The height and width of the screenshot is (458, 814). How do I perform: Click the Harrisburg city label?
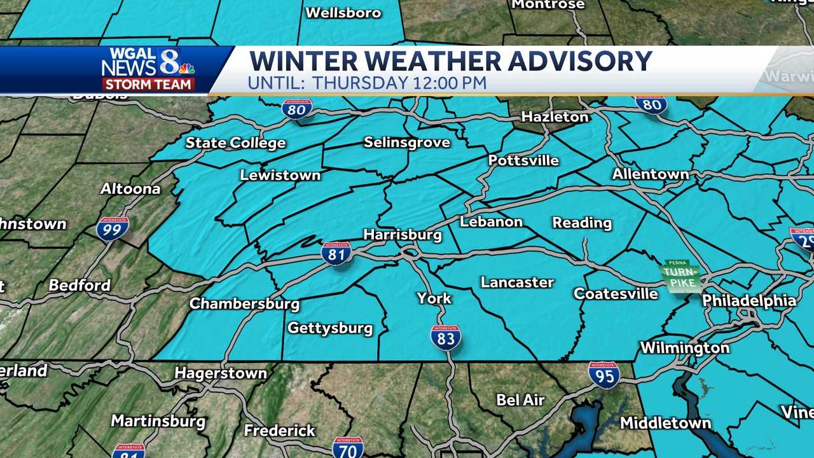(x=402, y=235)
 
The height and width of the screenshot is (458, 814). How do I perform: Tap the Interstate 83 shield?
(x=446, y=337)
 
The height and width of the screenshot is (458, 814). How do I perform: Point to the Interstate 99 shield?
(x=113, y=228)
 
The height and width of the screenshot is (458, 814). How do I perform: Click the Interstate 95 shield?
(x=604, y=375)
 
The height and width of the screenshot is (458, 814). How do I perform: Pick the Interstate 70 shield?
(x=348, y=447)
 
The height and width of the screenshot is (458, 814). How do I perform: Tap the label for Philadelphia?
(x=748, y=301)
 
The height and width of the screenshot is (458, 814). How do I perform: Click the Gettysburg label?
(x=329, y=328)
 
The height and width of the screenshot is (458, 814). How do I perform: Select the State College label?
(x=235, y=143)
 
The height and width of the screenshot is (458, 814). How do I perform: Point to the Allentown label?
(x=650, y=174)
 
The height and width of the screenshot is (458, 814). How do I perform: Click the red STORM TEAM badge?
(x=149, y=84)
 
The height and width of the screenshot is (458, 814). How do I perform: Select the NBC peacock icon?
(x=186, y=68)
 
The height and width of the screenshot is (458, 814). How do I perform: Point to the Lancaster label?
(x=517, y=282)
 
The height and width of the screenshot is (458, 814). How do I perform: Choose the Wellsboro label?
(x=343, y=13)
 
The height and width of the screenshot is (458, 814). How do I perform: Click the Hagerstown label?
(x=221, y=373)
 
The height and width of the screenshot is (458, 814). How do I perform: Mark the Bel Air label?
(x=520, y=400)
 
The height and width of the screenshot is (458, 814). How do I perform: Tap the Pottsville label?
(x=523, y=160)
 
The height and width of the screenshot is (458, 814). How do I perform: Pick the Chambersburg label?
(x=244, y=303)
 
